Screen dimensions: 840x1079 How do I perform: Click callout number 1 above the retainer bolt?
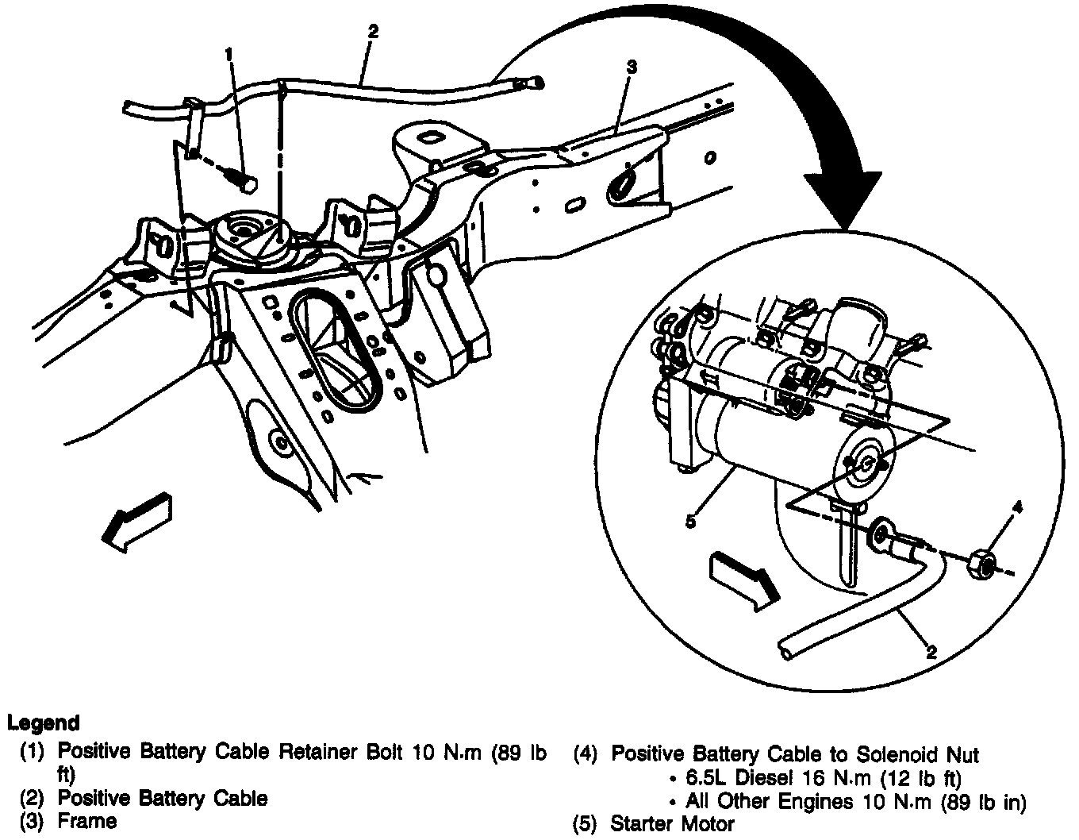pyautogui.click(x=228, y=53)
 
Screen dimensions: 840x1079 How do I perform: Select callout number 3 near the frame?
pyautogui.click(x=632, y=68)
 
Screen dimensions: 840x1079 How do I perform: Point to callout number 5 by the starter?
pyautogui.click(x=690, y=522)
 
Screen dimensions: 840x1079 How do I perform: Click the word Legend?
pyautogui.click(x=44, y=723)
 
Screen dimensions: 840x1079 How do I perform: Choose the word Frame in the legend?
pyautogui.click(x=87, y=820)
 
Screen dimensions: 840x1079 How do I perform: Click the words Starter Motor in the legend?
pyautogui.click(x=672, y=824)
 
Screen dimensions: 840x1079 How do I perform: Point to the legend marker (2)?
pyautogui.click(x=33, y=798)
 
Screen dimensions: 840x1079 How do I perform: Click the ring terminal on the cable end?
pyautogui.click(x=880, y=535)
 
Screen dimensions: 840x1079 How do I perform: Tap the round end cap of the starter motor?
pyautogui.click(x=863, y=464)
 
